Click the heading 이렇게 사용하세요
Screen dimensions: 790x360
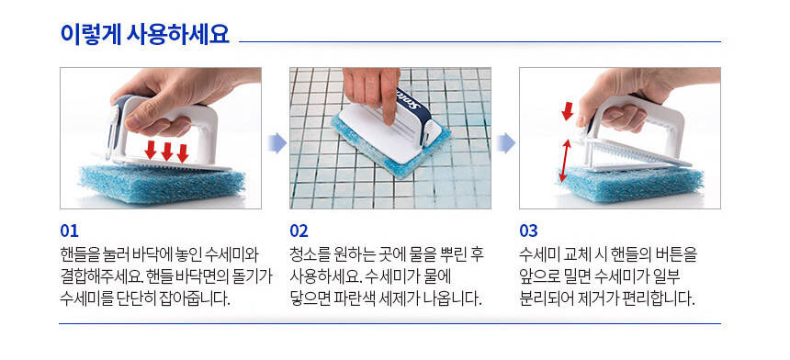(x=144, y=34)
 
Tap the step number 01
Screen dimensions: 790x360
(x=69, y=231)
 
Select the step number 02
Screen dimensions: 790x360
(x=299, y=231)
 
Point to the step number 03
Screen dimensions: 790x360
(x=528, y=231)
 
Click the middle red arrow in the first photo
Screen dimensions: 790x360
(x=167, y=151)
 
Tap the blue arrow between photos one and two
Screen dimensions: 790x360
(x=276, y=143)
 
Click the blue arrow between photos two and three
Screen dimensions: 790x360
(x=506, y=143)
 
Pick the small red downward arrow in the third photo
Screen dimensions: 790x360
(x=568, y=111)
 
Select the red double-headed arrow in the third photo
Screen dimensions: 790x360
(x=566, y=161)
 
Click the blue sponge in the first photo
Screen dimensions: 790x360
(x=163, y=184)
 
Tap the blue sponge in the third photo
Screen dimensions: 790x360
(x=632, y=185)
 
